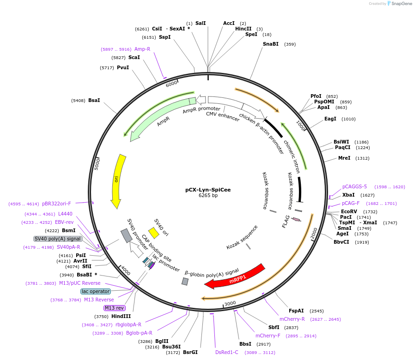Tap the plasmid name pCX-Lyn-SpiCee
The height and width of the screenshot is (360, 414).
click(x=208, y=189)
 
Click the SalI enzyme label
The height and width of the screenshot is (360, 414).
click(x=201, y=23)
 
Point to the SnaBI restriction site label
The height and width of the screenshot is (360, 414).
click(x=271, y=44)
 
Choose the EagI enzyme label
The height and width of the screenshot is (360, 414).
click(x=330, y=119)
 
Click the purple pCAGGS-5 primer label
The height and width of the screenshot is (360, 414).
click(x=354, y=187)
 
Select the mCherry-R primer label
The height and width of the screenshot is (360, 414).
click(x=292, y=319)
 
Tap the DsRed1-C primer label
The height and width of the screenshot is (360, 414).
click(x=227, y=352)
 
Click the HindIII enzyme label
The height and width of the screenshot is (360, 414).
click(x=121, y=316)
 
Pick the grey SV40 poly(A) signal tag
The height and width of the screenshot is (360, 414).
click(x=58, y=239)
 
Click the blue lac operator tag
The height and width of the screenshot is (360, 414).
click(x=96, y=291)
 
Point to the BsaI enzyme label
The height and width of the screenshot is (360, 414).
click(x=94, y=100)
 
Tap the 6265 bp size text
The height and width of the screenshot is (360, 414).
click(x=208, y=196)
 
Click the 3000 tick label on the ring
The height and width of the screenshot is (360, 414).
click(x=230, y=303)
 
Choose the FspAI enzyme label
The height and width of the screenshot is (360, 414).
click(x=297, y=311)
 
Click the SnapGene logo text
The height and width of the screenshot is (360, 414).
click(x=399, y=3)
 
